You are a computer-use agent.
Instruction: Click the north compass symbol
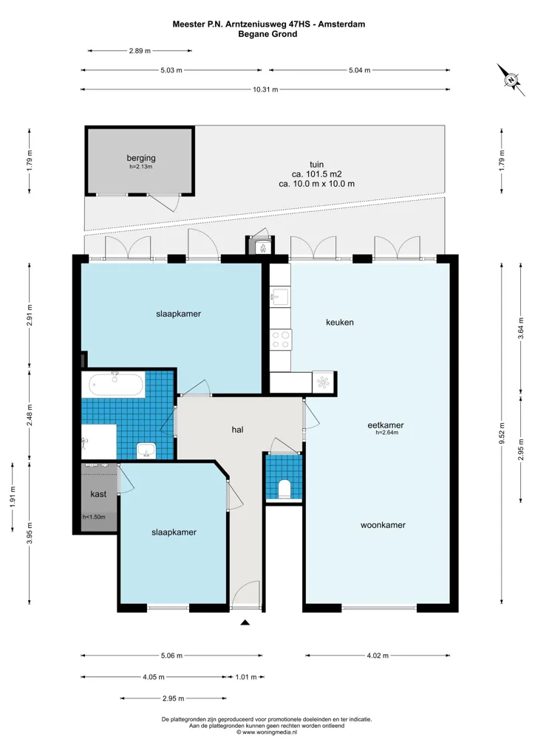coord(511,80)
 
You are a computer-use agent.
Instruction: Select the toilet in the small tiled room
coord(284,489)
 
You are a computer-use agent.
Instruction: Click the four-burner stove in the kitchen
coord(281,339)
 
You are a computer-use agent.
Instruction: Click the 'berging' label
coord(141,158)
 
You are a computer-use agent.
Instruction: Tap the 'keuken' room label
coord(340,322)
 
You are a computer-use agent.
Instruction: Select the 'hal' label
coord(237,429)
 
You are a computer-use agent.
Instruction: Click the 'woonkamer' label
coord(383,525)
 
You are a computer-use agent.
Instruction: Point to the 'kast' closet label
coord(98,494)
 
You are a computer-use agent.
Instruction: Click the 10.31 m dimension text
coord(265,89)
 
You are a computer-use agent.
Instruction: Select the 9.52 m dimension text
coord(502,433)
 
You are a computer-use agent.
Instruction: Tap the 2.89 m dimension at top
coord(140,50)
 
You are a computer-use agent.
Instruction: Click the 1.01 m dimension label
coord(246,677)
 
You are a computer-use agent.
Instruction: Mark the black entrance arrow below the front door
coord(245,622)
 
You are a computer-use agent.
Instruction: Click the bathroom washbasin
coord(146,450)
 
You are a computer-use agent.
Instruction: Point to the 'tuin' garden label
coord(316,165)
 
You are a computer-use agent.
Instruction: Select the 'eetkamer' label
coord(386,425)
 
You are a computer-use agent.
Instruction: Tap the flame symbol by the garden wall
coord(263,248)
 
